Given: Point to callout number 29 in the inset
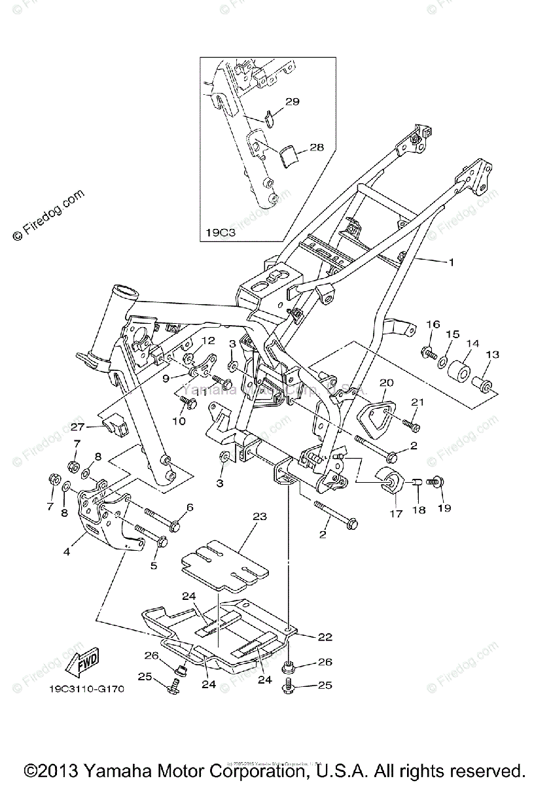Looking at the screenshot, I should (292, 101).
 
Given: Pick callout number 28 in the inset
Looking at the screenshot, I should (316, 148).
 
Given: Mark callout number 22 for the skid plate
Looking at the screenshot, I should (307, 637).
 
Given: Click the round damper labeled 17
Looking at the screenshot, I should (391, 480).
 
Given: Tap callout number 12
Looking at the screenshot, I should (208, 340).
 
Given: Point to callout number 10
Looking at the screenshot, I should (179, 421).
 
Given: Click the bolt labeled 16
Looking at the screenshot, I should (429, 353).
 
